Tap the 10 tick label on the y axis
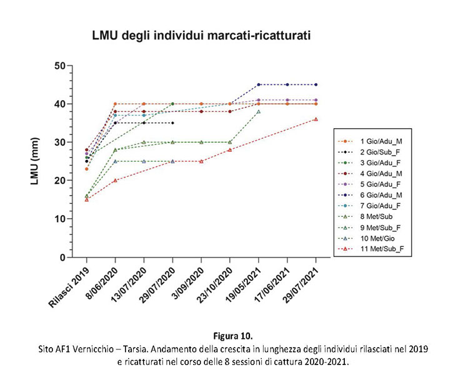click(60, 219)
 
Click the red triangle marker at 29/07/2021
click(316, 119)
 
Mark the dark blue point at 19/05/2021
click(259, 85)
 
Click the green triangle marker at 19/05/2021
click(259, 112)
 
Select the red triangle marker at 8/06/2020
click(116, 181)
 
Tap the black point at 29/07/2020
click(172, 123)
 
